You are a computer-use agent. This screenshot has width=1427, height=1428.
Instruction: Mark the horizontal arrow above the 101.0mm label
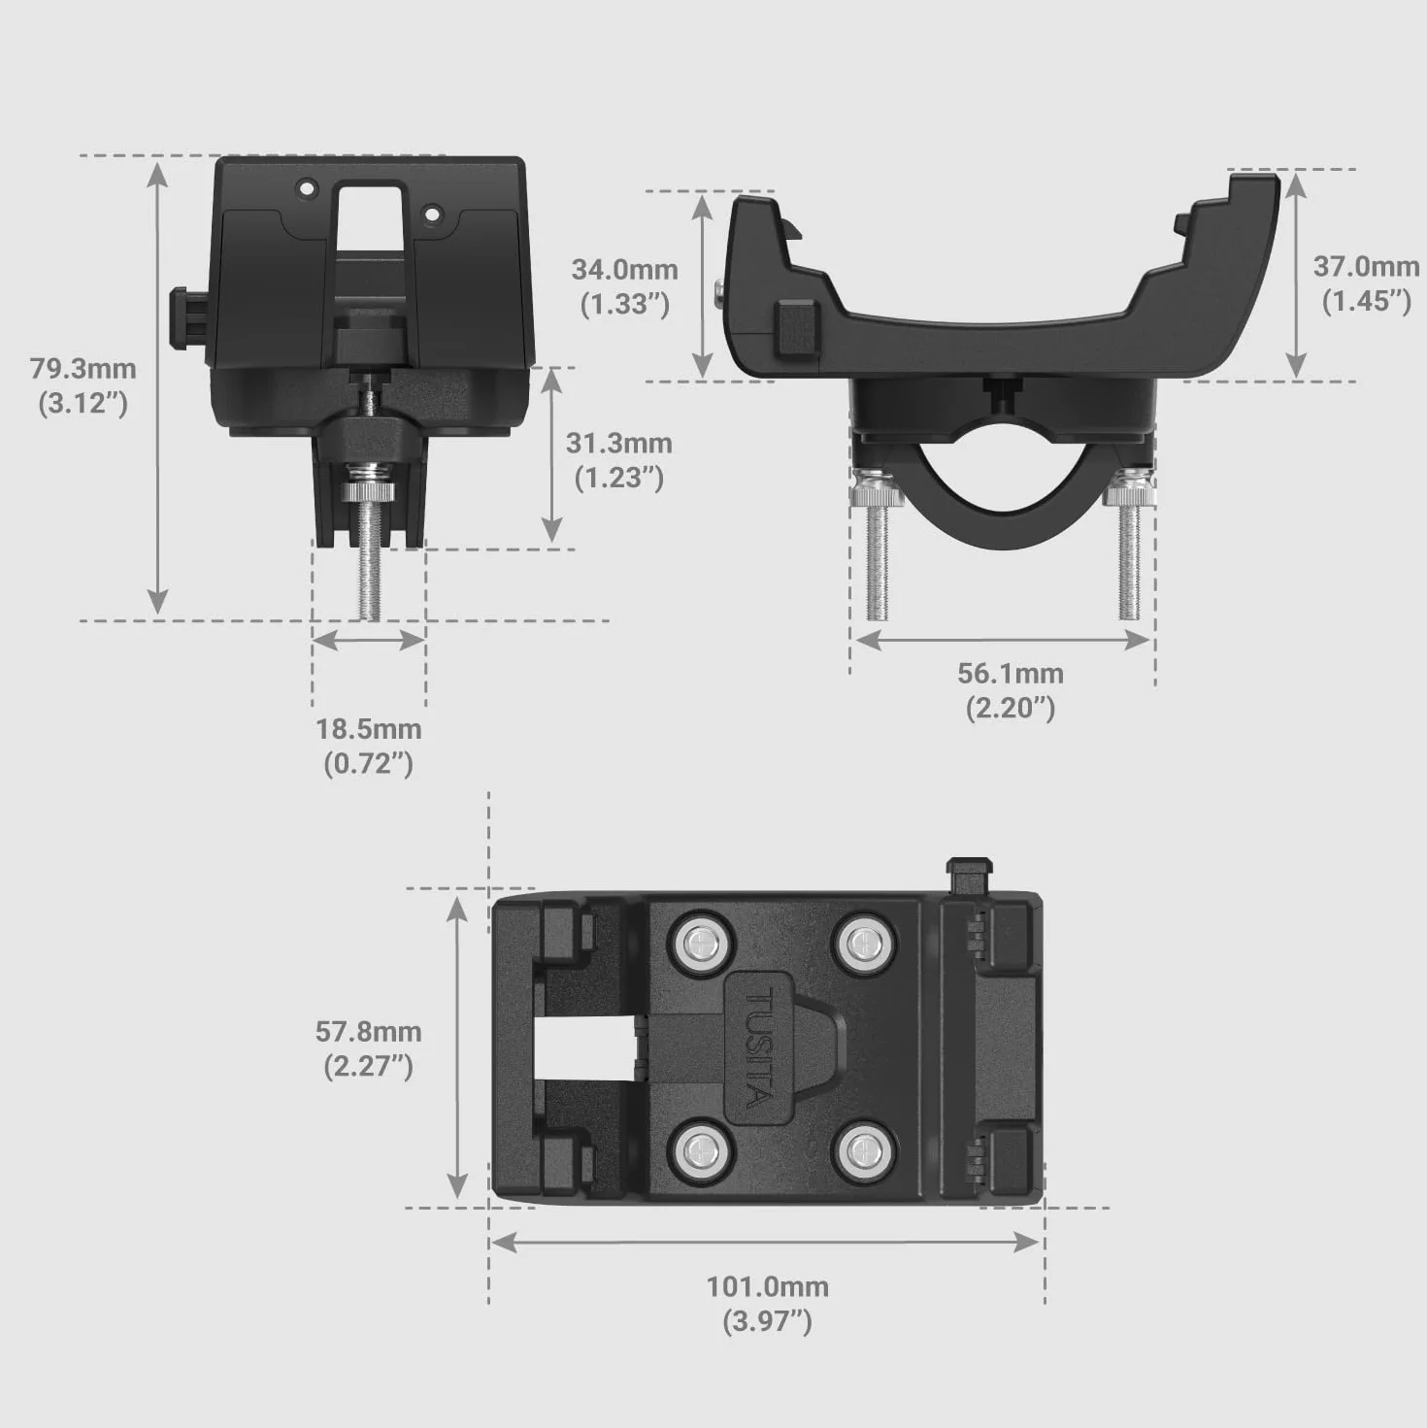pos(766,1243)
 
